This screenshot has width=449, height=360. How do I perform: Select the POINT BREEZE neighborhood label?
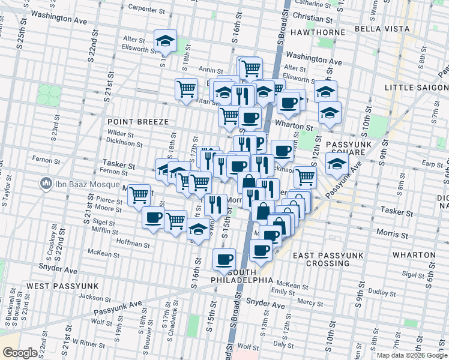[x=138, y=122]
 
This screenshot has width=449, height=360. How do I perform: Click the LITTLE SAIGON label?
[x=415, y=88]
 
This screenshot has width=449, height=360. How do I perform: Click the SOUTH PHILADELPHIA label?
[x=242, y=280]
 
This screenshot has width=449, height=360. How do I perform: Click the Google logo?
[x=20, y=353]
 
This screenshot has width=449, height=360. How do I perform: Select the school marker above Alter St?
[x=165, y=41]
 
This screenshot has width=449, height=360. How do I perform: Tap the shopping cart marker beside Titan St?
[x=187, y=89]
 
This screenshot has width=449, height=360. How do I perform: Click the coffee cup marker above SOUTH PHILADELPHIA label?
[x=224, y=259]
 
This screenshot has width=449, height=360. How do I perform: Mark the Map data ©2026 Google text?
[x=412, y=355]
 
